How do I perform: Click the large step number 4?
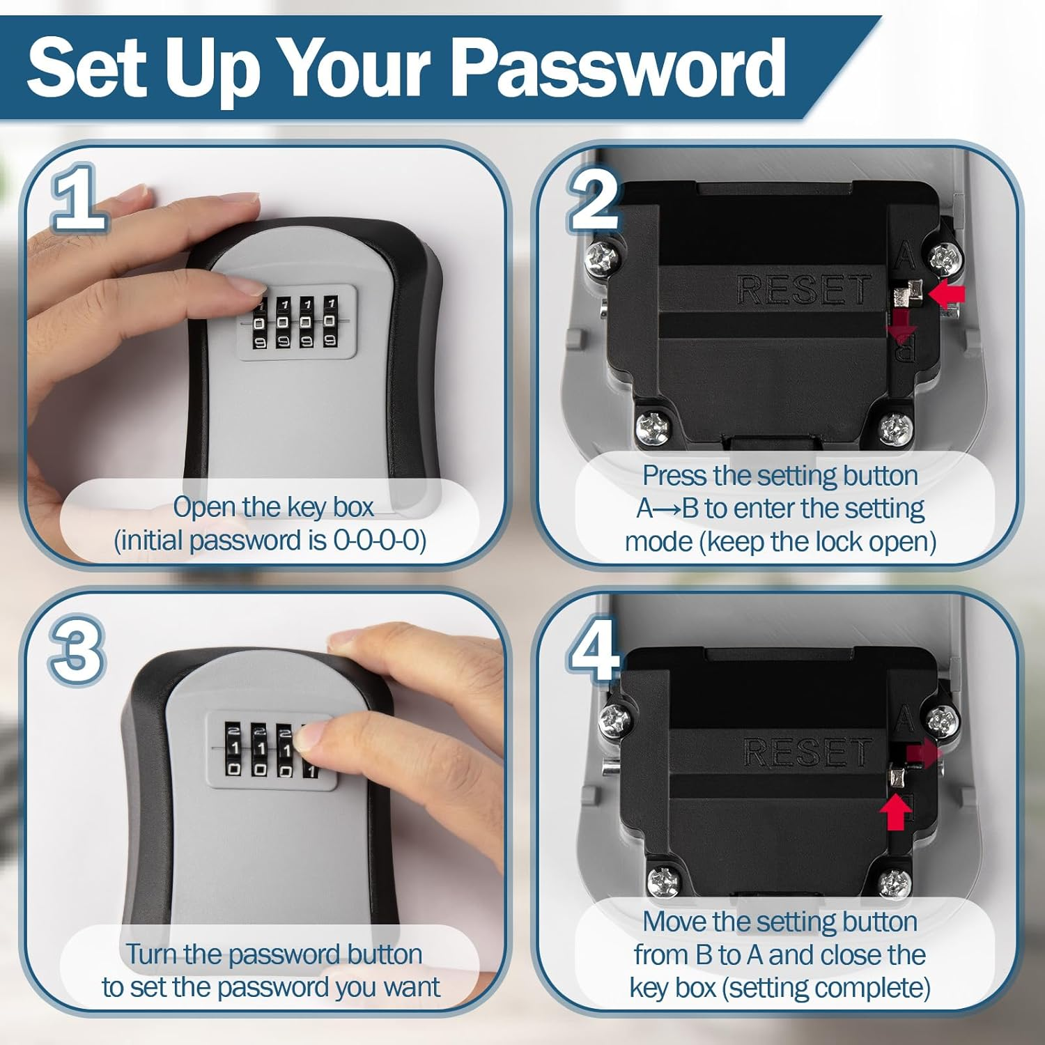(594, 651)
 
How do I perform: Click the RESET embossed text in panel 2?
(803, 290)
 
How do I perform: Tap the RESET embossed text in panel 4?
(808, 752)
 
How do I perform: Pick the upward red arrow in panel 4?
(895, 812)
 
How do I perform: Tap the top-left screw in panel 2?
(601, 258)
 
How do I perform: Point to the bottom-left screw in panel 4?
(662, 882)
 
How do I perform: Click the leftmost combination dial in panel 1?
(258, 324)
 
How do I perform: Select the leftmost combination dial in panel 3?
(234, 750)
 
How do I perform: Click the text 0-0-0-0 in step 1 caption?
(380, 541)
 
